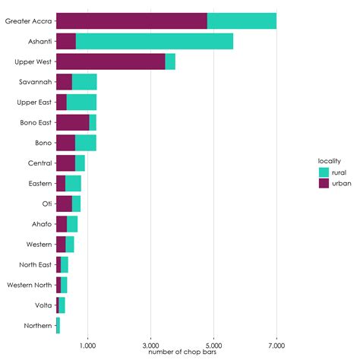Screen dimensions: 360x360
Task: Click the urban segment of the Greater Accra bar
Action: pos(131,21)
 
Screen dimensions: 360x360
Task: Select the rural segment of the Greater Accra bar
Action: pos(242,21)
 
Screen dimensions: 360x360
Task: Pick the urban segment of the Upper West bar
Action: pos(111,62)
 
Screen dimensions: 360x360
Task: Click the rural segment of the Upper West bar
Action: pos(170,62)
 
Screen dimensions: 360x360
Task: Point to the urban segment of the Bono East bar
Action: pos(72,122)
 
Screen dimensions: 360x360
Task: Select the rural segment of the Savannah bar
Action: pos(84,82)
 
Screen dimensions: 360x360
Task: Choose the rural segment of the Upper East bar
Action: pos(81,102)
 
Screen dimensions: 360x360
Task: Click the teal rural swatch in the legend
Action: pos(324,172)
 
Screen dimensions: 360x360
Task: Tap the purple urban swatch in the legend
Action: pos(324,183)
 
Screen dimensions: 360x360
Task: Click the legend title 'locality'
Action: pos(329,160)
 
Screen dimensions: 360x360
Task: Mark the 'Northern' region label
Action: pos(38,325)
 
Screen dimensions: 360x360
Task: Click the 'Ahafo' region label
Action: pos(42,224)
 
